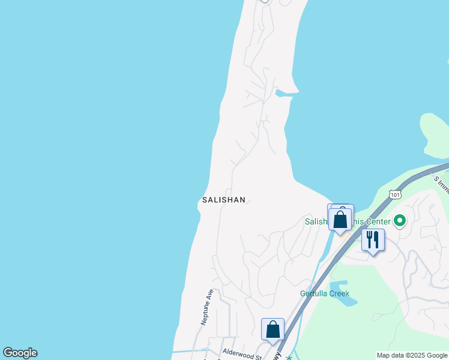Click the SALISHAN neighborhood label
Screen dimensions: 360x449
click(223, 200)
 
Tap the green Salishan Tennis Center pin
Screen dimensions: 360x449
click(400, 221)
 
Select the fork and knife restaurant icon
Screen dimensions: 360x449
click(373, 240)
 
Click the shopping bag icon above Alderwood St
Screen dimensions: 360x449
click(273, 329)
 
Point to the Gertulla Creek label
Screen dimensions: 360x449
click(325, 293)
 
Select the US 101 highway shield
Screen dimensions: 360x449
click(394, 194)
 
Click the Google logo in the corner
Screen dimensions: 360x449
click(20, 353)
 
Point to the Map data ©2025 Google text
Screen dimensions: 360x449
click(412, 355)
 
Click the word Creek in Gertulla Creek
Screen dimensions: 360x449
click(338, 293)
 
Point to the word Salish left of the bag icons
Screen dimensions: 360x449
click(314, 222)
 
